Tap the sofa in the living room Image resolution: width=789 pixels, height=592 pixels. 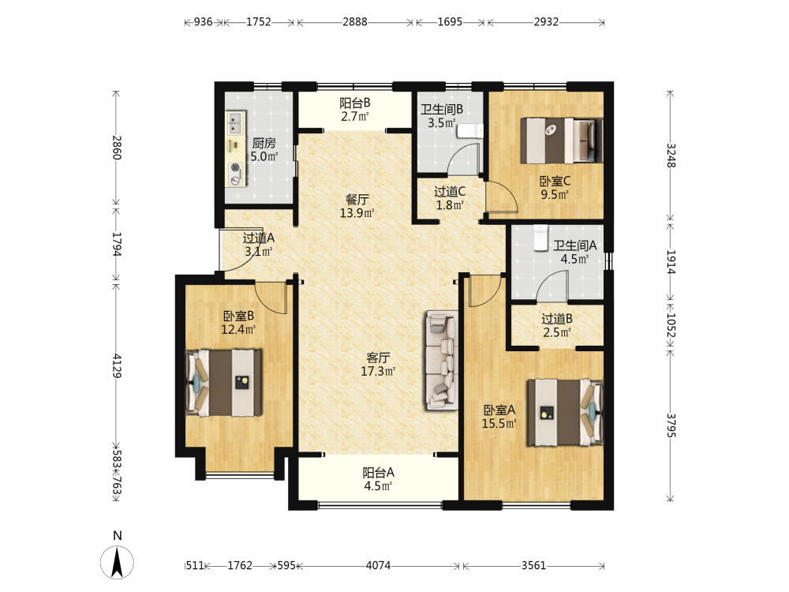(442, 361)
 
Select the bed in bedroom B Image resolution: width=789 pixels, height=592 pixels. (224, 383)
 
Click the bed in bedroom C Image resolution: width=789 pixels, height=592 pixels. (562, 141)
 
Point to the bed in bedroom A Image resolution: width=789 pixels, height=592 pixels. (565, 413)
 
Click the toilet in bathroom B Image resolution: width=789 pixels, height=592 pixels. (470, 131)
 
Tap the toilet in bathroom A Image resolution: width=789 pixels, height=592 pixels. (540, 238)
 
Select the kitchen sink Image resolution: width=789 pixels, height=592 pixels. (235, 122)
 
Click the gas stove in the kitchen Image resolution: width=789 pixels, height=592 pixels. (235, 174)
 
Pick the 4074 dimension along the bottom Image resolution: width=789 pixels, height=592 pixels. (378, 566)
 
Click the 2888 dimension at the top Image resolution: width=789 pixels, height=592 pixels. (355, 22)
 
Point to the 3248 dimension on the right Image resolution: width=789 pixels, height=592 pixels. (671, 155)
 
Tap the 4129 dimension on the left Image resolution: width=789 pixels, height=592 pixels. (116, 366)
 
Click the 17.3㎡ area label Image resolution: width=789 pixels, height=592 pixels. (378, 372)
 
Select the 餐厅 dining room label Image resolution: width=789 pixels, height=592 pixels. (357, 200)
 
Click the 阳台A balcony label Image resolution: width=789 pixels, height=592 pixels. (378, 473)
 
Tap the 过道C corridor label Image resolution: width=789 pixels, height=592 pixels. (450, 192)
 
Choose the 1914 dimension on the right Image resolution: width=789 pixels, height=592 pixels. (671, 262)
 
